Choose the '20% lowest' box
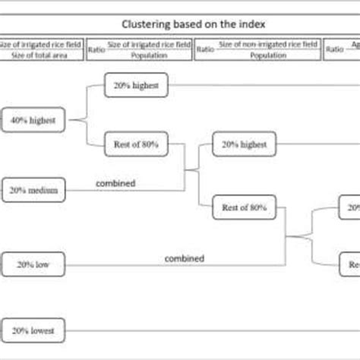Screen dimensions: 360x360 [x=33, y=330]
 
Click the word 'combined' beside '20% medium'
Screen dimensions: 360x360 [x=116, y=183]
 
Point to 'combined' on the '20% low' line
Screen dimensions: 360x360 [x=185, y=258]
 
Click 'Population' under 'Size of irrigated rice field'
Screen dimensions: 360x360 [x=150, y=55]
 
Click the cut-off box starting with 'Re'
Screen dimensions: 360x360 [x=350, y=264]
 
